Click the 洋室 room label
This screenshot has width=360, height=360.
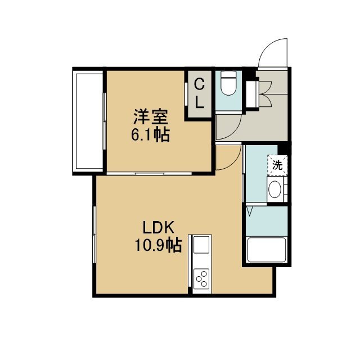click(151, 117)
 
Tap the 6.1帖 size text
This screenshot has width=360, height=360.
click(150, 134)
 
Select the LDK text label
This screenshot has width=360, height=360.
click(158, 227)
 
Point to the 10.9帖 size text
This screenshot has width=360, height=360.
click(158, 245)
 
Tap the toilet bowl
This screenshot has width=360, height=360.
click(228, 83)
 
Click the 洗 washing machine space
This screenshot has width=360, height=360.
click(277, 165)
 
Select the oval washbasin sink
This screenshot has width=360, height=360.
click(275, 190)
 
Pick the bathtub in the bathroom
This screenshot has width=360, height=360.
click(267, 250)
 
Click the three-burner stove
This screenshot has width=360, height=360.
click(201, 279)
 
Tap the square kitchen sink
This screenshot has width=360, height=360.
click(201, 245)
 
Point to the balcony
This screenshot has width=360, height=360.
click(88, 121)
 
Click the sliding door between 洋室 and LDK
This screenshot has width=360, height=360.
click(149, 173)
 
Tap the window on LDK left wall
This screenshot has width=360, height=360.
click(94, 235)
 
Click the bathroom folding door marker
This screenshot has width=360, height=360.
click(250, 211)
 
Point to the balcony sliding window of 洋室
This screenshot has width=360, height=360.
click(105, 121)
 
